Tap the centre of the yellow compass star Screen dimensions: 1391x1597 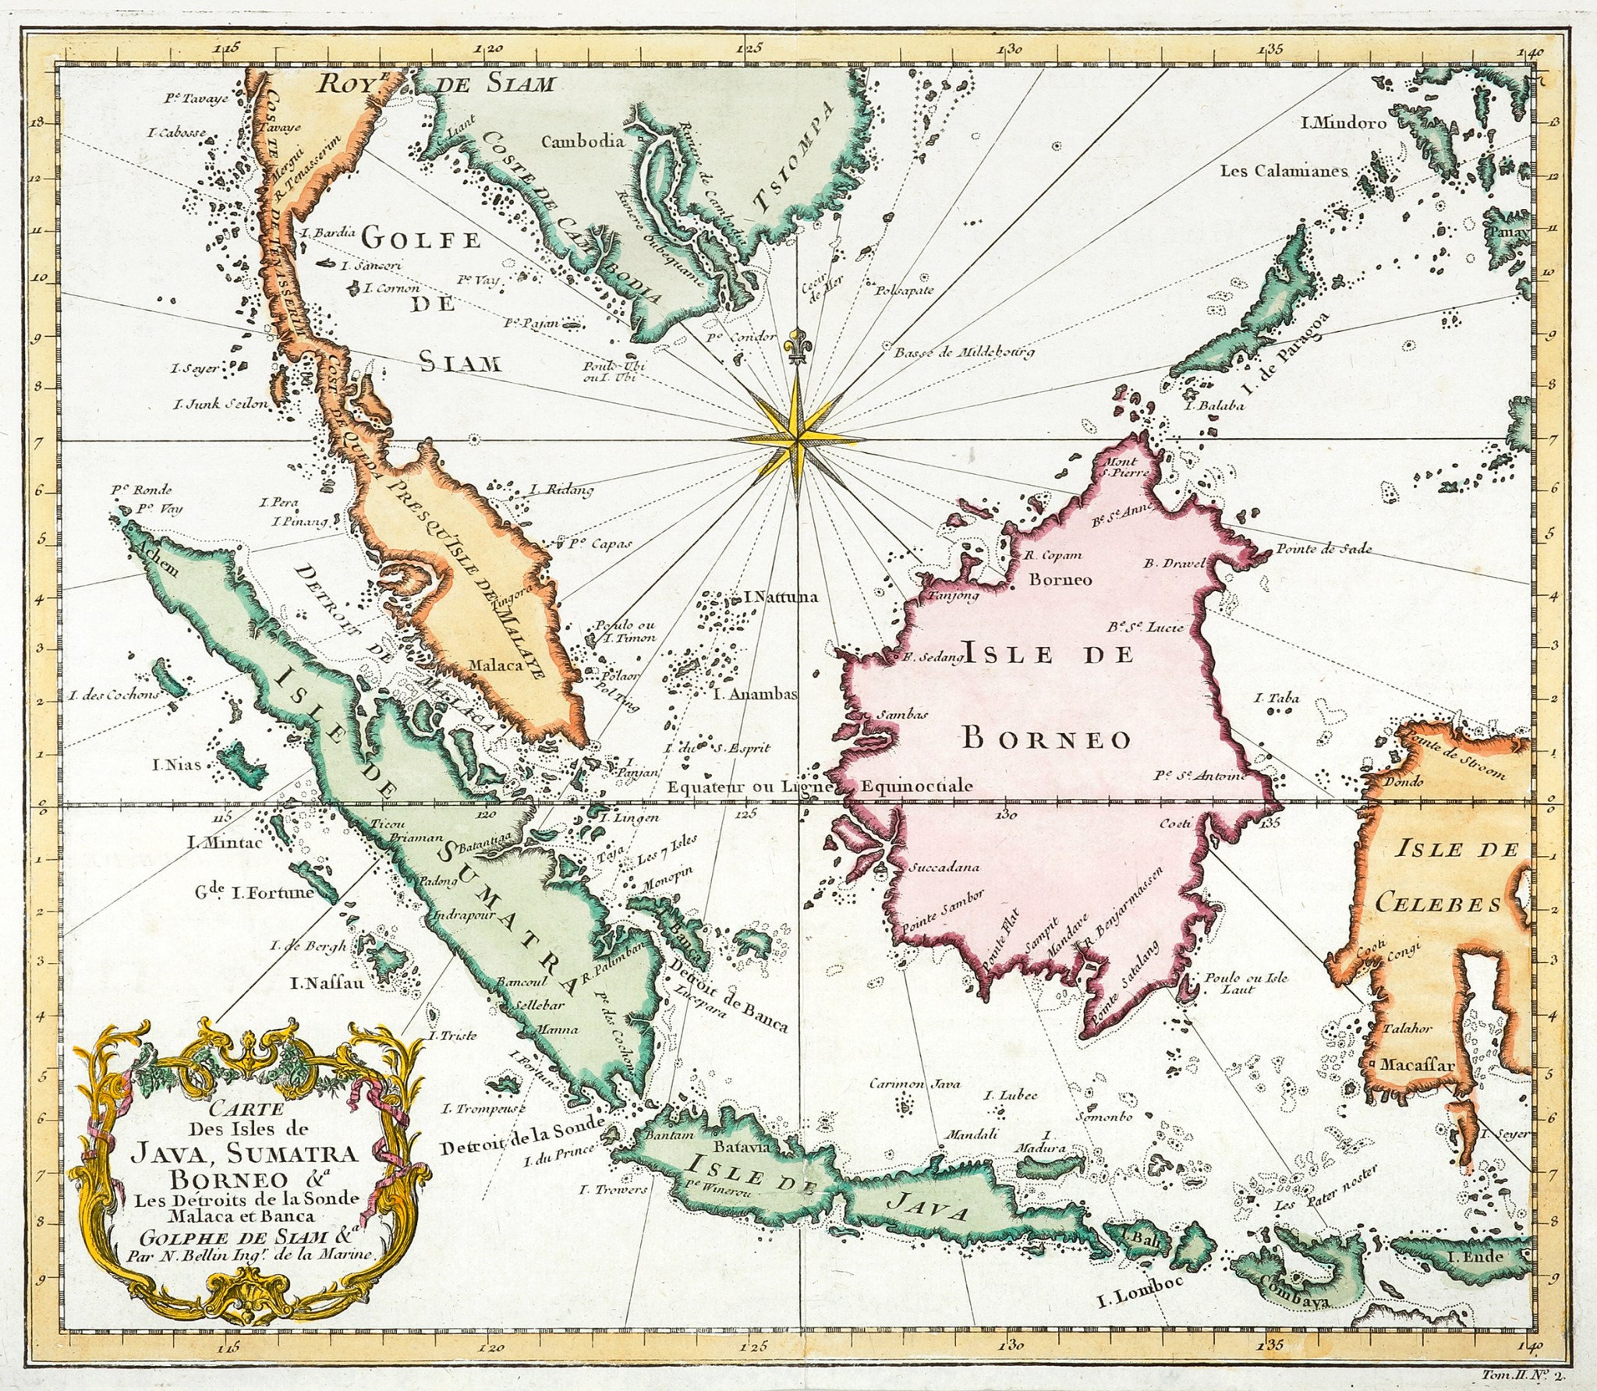[797, 441]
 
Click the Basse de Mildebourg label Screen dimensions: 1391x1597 [964, 351]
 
